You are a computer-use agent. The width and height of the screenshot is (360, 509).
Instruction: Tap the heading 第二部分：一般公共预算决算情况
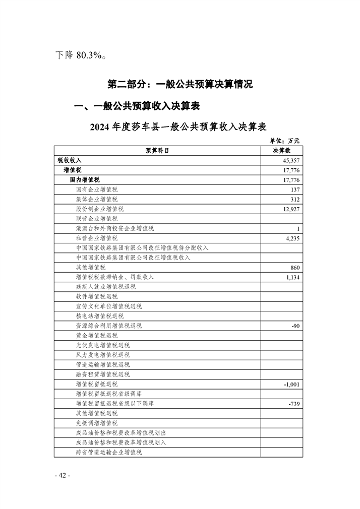[x=180, y=84]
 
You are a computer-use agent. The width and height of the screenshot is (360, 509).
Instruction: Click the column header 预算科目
[x=157, y=150]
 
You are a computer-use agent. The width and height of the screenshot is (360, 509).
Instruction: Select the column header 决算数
[x=281, y=150]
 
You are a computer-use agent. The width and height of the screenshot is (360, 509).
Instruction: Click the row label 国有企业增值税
[x=96, y=189]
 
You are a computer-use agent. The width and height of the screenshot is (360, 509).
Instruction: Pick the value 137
[x=295, y=189]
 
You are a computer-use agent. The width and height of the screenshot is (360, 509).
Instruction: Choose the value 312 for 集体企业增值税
[x=295, y=199]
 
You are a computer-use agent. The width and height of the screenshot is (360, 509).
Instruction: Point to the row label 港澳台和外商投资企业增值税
[x=115, y=228]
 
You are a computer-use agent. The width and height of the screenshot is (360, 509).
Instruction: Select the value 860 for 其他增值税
[x=295, y=268]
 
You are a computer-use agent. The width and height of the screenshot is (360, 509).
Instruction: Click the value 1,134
[x=292, y=277]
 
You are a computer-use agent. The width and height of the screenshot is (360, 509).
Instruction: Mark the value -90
[x=296, y=326]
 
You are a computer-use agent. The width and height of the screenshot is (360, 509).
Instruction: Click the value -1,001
[x=292, y=385]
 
